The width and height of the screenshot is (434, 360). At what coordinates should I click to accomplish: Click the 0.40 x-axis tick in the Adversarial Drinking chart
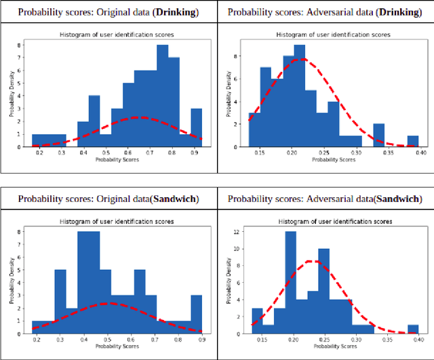point(420,154)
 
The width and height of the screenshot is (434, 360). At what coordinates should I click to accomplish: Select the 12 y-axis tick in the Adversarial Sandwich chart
point(236,232)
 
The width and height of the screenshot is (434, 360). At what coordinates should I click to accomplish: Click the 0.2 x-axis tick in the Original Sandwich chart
point(35,340)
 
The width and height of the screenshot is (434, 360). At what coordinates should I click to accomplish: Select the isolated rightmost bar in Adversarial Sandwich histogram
point(413,329)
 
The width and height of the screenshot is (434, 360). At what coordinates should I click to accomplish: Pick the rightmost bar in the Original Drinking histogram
point(196,127)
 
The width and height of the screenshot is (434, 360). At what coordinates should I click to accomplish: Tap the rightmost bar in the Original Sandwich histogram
point(196,313)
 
